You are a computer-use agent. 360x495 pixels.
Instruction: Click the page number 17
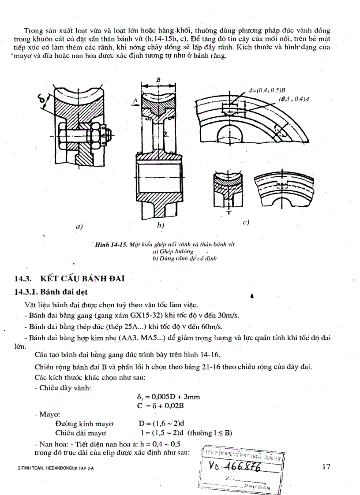pos(326,467)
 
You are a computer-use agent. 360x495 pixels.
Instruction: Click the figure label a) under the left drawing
pos(79,226)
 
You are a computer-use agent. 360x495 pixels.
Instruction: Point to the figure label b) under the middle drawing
pos(160,225)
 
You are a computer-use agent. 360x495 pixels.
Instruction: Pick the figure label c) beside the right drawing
pos(246,222)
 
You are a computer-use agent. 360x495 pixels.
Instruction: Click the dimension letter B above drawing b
pos(157,79)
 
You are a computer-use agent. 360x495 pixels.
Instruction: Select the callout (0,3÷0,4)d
pos(293,99)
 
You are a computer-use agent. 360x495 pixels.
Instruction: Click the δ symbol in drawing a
pos(43,102)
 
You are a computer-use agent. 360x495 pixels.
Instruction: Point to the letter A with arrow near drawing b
pos(135,101)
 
